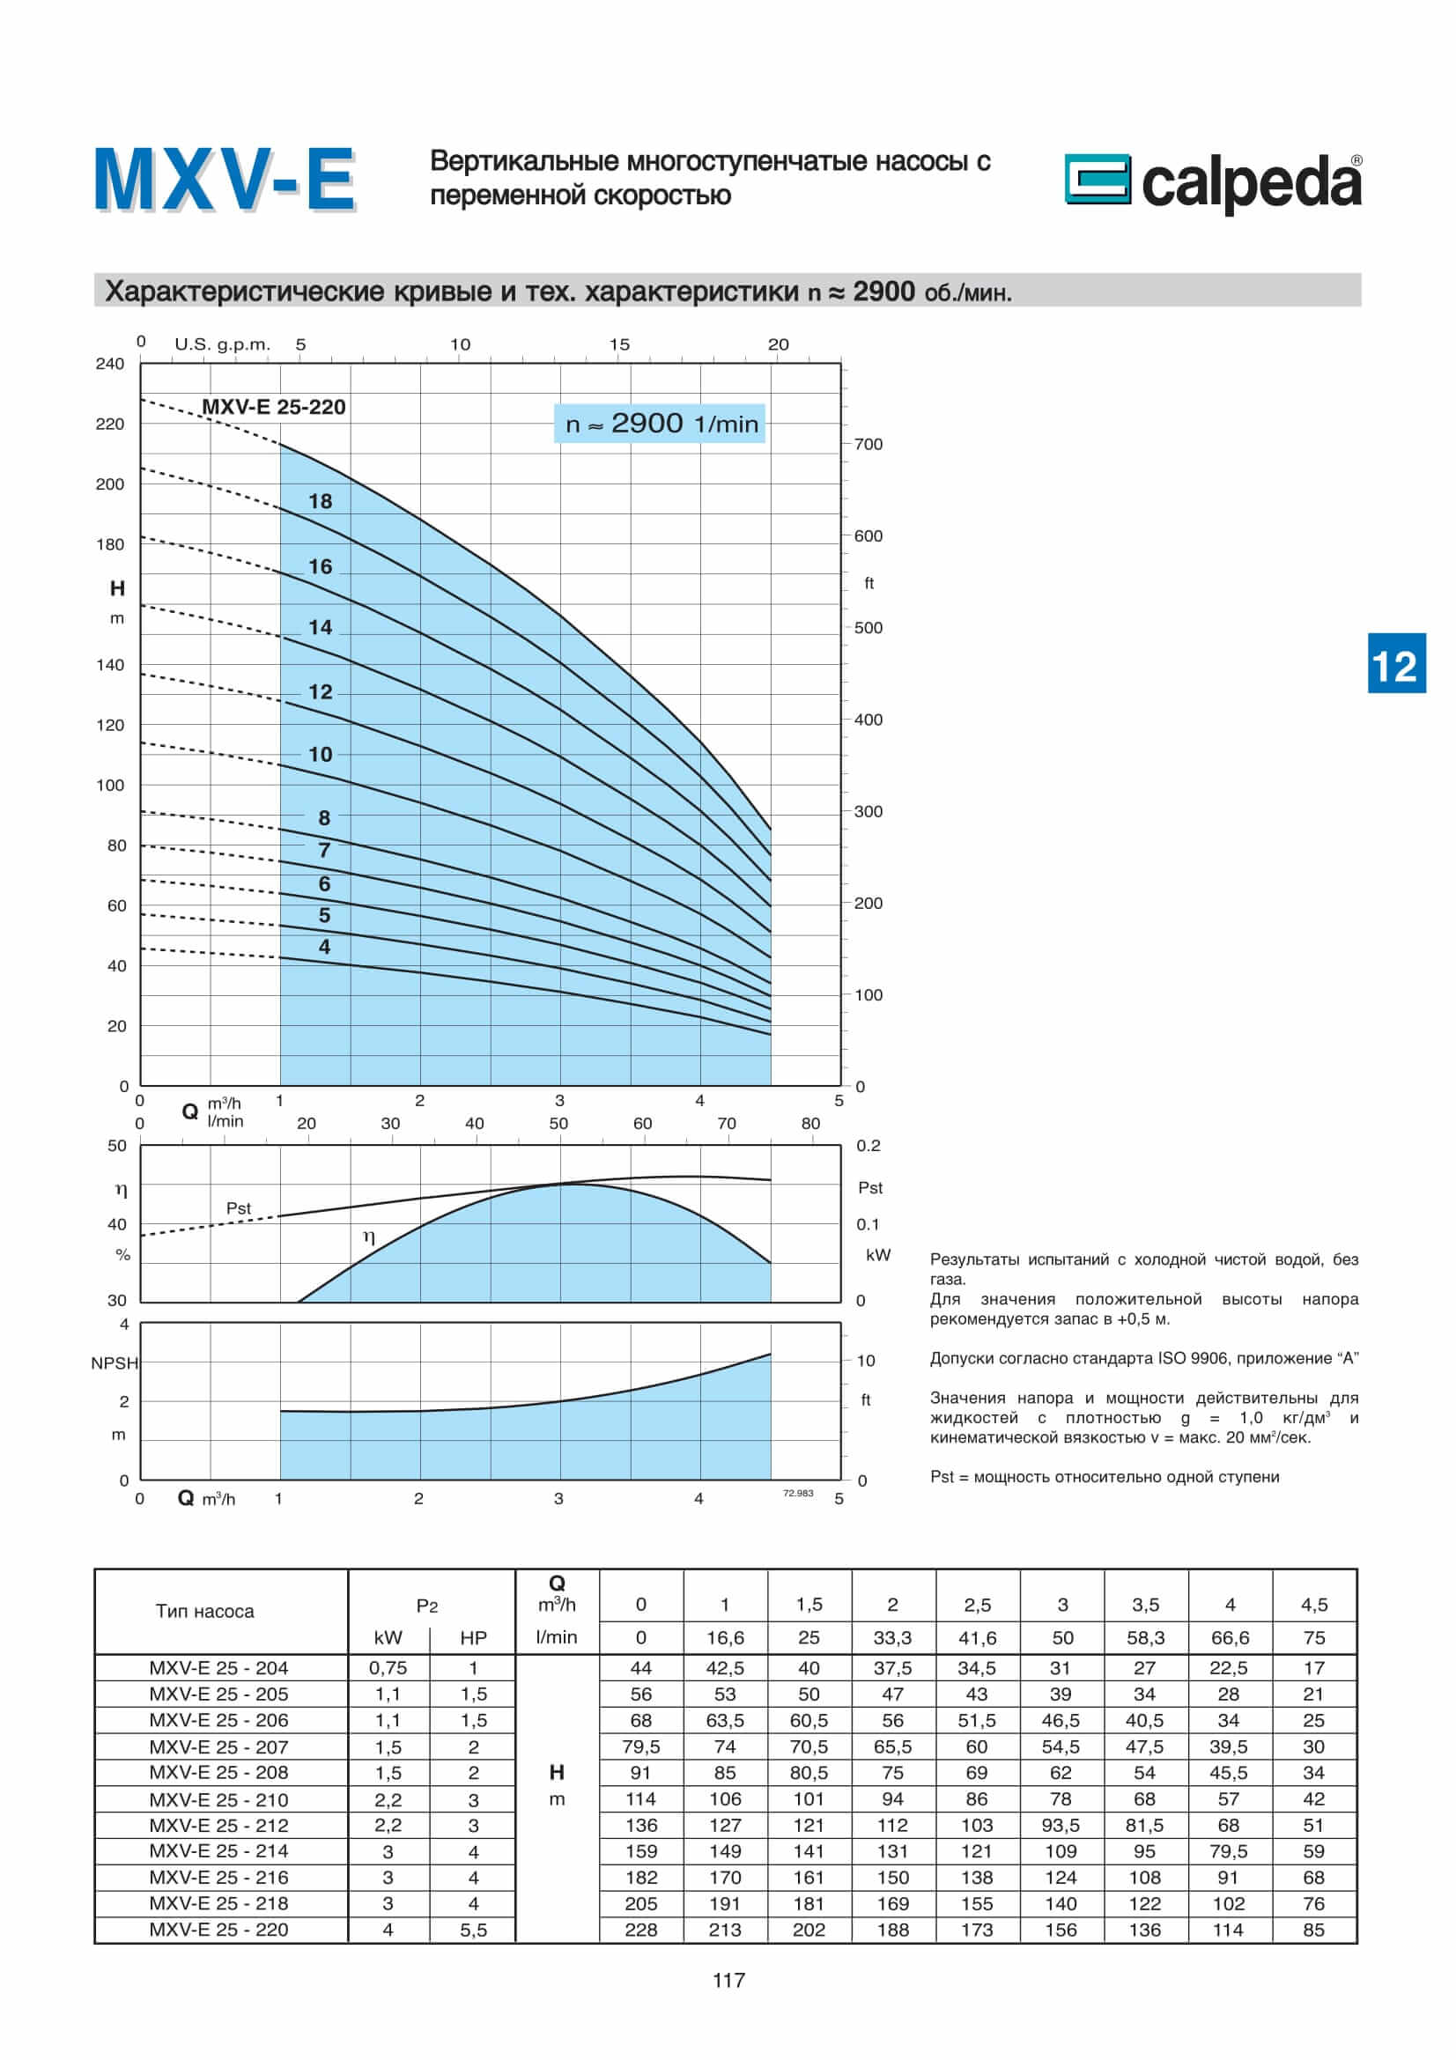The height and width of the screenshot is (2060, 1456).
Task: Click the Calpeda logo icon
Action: (1097, 180)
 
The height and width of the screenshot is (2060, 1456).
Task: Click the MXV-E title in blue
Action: (225, 181)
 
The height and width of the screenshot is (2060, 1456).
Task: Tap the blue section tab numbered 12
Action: (1396, 663)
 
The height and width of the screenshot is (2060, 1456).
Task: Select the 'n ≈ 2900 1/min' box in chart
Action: (660, 424)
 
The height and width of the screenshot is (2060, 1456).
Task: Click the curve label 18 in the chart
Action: (321, 501)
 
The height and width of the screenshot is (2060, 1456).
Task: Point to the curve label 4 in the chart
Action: (324, 947)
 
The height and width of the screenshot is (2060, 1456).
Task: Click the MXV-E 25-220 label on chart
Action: (274, 408)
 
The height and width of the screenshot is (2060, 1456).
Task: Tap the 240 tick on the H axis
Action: (110, 364)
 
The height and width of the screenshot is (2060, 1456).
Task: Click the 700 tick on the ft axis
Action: (868, 444)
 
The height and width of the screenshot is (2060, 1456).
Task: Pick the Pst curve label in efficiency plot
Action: (239, 1208)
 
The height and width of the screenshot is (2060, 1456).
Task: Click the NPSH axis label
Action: (114, 1362)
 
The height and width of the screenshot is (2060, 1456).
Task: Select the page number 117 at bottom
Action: (728, 1980)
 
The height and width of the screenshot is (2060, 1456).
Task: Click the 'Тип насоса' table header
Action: (204, 1612)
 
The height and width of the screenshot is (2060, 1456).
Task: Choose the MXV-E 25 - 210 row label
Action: (219, 1800)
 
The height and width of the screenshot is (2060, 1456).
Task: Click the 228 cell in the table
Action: (640, 1930)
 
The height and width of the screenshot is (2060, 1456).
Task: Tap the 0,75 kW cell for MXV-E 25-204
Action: (388, 1668)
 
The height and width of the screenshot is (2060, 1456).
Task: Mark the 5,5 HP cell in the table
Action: (473, 1930)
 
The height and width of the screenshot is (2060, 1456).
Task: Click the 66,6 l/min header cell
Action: (1229, 1637)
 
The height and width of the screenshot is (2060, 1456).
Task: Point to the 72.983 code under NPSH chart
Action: (797, 1493)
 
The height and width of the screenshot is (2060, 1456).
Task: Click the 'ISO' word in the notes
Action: (1171, 1358)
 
